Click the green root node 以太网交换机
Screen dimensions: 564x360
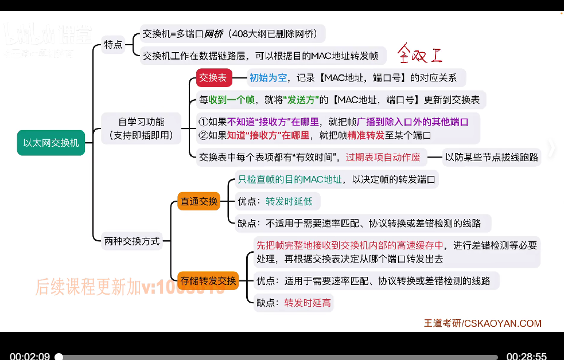tap(51, 143)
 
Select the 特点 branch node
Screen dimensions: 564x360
tap(113, 44)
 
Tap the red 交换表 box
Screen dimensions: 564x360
tap(213, 78)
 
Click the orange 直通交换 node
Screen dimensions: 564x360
tap(199, 201)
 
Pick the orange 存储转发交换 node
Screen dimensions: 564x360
tap(208, 281)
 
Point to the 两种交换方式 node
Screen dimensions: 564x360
tap(132, 241)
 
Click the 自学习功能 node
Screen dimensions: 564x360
tap(141, 129)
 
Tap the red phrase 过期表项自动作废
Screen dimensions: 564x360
tap(383, 157)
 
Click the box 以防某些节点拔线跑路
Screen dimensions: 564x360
tap(492, 157)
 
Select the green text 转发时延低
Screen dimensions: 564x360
tap(290, 201)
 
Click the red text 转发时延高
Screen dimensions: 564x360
tap(308, 303)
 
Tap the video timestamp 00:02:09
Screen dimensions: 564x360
tap(30, 356)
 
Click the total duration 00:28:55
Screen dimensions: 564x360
tap(526, 356)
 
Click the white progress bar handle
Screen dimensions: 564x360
tap(59, 357)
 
